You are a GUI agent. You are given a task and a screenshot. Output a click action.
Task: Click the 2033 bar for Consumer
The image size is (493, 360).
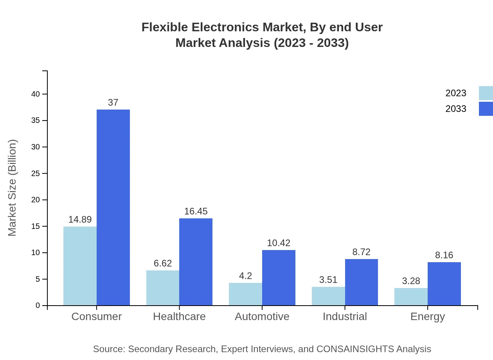(x=113, y=207)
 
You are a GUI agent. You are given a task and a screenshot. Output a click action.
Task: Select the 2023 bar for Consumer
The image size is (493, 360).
(x=80, y=266)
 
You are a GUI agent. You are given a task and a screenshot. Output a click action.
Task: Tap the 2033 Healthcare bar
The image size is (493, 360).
(x=196, y=262)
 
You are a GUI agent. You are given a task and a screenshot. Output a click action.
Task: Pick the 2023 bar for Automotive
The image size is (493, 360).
(x=245, y=294)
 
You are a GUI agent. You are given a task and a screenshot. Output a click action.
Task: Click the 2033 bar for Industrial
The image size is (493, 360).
(x=361, y=282)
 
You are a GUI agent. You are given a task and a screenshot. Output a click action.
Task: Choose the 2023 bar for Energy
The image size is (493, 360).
(x=411, y=297)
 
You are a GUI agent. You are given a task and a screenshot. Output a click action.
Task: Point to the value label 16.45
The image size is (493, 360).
(x=196, y=211)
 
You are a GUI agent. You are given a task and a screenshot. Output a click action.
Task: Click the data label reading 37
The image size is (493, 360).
(x=113, y=103)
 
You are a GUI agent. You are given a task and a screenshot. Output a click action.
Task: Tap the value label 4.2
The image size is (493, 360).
(x=245, y=276)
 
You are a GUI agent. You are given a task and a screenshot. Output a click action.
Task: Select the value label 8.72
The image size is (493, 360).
(x=361, y=252)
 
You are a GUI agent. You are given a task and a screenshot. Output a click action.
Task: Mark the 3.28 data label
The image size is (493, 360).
(x=411, y=281)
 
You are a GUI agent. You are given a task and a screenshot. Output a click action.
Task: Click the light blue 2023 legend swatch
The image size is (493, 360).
(x=486, y=93)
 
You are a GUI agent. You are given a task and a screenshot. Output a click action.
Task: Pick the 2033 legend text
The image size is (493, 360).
(x=456, y=109)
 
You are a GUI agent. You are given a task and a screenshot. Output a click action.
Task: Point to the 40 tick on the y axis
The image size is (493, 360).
(x=36, y=94)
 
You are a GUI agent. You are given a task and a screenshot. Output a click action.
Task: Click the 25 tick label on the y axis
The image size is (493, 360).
(x=36, y=173)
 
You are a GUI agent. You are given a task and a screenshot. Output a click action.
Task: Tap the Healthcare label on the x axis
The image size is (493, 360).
(x=179, y=317)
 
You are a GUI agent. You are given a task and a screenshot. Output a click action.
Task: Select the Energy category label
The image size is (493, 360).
(x=428, y=317)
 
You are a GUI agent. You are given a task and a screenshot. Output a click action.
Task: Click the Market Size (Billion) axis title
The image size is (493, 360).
(x=13, y=188)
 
